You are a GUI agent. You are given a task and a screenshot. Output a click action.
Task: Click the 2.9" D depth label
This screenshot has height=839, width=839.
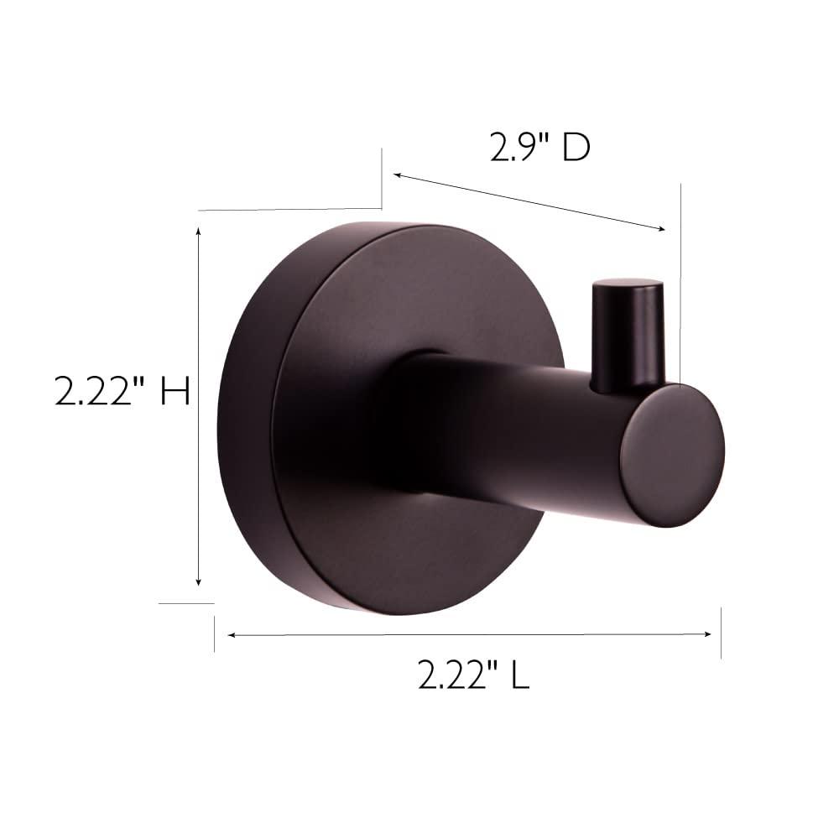(540, 148)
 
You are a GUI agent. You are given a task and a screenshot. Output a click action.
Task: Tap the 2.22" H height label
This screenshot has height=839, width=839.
(122, 392)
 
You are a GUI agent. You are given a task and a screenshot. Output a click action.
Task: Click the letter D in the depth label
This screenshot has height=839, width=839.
(576, 148)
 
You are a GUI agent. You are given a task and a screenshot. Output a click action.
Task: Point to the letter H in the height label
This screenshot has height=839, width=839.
(175, 392)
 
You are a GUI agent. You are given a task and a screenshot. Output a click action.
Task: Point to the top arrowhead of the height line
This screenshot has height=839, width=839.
(198, 230)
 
